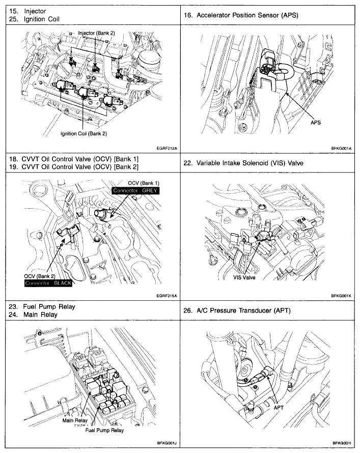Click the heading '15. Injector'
click(x=26, y=11)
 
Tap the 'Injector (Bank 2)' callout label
click(x=96, y=33)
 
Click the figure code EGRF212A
click(x=167, y=149)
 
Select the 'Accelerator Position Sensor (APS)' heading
click(x=240, y=15)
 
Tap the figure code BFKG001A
click(x=342, y=149)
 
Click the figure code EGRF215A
click(x=167, y=295)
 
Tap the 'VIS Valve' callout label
click(x=244, y=278)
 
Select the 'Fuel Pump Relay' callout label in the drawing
click(x=104, y=430)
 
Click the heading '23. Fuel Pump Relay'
click(x=42, y=306)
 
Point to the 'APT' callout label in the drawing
click(x=279, y=407)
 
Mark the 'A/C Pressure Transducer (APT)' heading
click(x=236, y=310)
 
